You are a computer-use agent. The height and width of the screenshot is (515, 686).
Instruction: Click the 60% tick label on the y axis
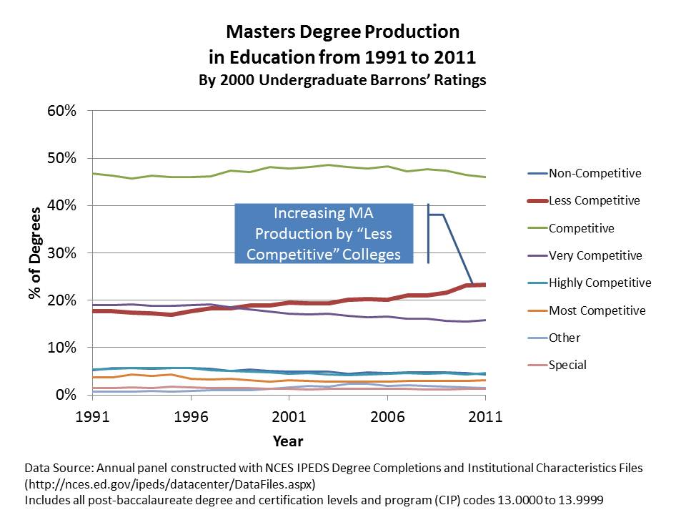(x=61, y=111)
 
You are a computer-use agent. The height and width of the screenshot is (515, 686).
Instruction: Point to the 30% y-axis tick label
(x=61, y=253)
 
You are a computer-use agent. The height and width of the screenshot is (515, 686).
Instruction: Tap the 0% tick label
(x=66, y=395)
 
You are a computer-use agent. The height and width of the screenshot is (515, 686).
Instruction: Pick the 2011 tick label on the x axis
(x=486, y=417)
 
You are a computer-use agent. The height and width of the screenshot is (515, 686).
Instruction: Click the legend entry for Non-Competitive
(x=595, y=173)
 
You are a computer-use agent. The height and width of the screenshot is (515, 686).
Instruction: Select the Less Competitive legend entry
(x=594, y=201)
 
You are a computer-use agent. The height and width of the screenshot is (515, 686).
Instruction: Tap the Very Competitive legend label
(x=595, y=255)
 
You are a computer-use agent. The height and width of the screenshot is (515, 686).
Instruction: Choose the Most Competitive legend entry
(x=597, y=310)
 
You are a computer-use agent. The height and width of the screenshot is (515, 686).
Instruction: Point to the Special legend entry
(x=567, y=365)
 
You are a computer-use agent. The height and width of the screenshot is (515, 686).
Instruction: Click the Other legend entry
(x=565, y=338)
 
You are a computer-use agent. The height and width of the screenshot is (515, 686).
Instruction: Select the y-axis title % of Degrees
(x=35, y=253)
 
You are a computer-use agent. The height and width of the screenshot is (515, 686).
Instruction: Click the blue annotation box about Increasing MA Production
(x=324, y=233)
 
